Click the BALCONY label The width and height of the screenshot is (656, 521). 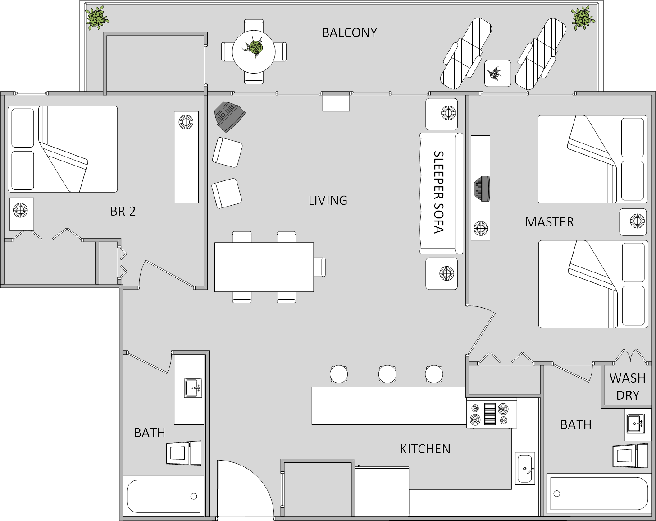click(349, 32)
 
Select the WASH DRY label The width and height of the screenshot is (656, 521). click(627, 387)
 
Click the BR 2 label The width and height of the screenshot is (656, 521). click(123, 211)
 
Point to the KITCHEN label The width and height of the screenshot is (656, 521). click(425, 449)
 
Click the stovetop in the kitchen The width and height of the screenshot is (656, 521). click(492, 414)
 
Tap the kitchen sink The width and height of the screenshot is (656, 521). click(525, 468)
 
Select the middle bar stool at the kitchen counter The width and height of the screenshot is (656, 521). click(387, 374)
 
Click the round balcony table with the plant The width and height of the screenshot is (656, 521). click(254, 51)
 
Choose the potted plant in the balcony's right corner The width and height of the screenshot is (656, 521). click(583, 18)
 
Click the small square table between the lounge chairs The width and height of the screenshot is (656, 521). click(497, 74)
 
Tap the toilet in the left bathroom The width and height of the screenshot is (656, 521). click(183, 453)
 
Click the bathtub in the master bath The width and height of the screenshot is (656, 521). click(598, 493)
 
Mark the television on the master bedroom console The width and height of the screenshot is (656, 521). click(481, 189)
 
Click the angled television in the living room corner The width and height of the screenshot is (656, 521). click(229, 116)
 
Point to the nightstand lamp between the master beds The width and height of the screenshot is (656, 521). click(637, 221)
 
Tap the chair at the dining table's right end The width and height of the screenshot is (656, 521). click(319, 266)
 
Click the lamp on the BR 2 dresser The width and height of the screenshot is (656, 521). click(186, 121)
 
